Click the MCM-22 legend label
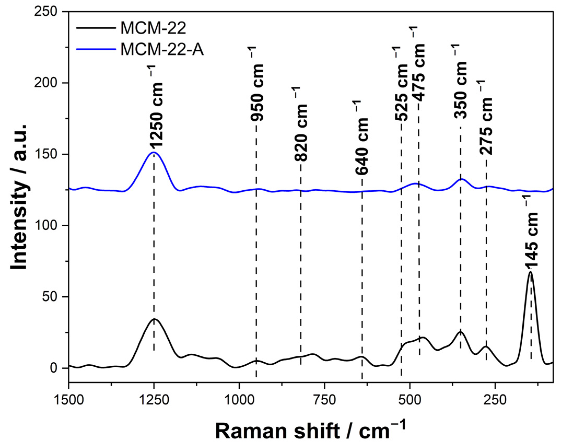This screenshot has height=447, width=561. [x=153, y=28]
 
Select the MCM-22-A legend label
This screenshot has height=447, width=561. [x=162, y=50]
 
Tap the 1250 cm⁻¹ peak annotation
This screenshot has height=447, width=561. [x=156, y=107]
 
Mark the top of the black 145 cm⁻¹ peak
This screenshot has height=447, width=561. [x=530, y=272]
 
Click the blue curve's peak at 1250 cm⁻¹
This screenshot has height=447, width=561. [x=153, y=152]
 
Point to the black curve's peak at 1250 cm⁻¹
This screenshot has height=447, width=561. [x=154, y=319]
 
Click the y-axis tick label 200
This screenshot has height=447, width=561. [x=46, y=83]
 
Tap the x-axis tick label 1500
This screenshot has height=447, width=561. [x=69, y=400]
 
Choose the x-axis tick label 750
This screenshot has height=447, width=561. [x=324, y=400]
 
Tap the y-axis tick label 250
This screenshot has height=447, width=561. [x=46, y=12]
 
